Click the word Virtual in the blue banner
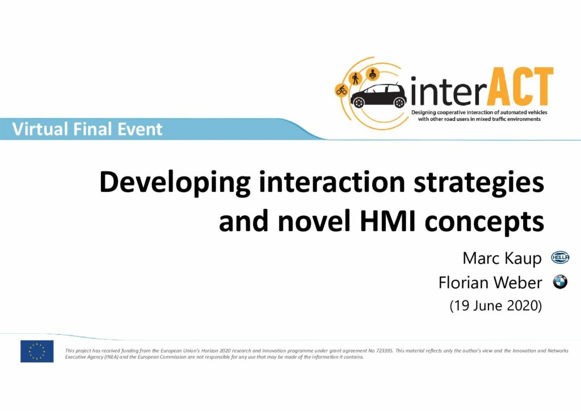pyautogui.click(x=40, y=129)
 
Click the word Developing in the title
pyautogui.click(x=175, y=183)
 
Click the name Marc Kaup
pyautogui.click(x=502, y=258)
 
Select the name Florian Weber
pyautogui.click(x=490, y=282)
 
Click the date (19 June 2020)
pyautogui.click(x=496, y=306)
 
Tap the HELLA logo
pyautogui.click(x=560, y=258)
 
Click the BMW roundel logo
pyautogui.click(x=560, y=282)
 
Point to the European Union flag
pyautogui.click(x=37, y=351)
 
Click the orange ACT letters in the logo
pyautogui.click(x=519, y=87)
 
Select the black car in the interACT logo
pyautogui.click(x=378, y=95)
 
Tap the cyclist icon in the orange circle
pyautogui.click(x=341, y=90)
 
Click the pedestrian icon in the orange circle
pyautogui.click(x=356, y=78)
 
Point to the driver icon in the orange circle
pyautogui.click(x=372, y=74)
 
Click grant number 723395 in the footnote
pyautogui.click(x=384, y=351)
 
